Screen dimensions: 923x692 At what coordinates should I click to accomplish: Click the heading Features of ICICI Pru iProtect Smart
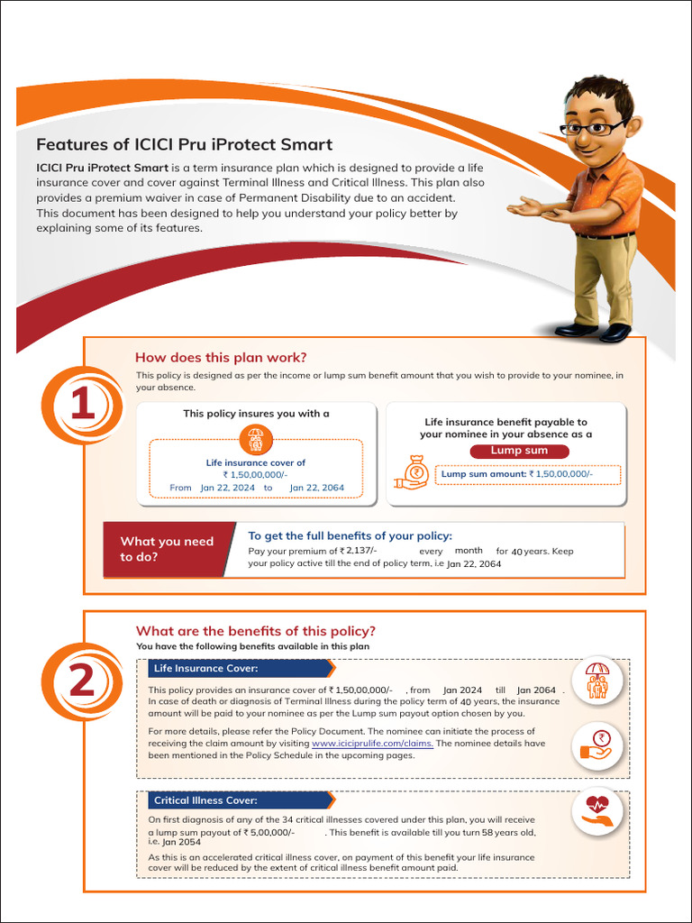pyautogui.click(x=184, y=144)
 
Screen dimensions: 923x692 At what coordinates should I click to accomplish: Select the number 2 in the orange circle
pyautogui.click(x=82, y=681)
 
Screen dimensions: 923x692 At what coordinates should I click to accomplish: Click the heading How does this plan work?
pyautogui.click(x=221, y=357)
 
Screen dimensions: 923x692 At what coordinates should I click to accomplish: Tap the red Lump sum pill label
pyautogui.click(x=519, y=451)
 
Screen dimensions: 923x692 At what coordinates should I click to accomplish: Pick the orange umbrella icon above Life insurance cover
pyautogui.click(x=255, y=440)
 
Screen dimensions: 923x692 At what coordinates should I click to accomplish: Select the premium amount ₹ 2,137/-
pyautogui.click(x=359, y=551)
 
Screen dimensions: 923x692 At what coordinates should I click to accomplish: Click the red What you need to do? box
pyautogui.click(x=168, y=549)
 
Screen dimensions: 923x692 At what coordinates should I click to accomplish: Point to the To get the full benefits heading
pyautogui.click(x=350, y=535)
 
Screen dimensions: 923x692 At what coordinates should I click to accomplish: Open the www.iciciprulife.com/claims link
pyautogui.click(x=372, y=744)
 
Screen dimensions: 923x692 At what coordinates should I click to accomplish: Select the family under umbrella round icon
pyautogui.click(x=596, y=682)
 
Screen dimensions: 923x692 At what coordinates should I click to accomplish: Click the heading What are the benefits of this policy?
pyautogui.click(x=256, y=631)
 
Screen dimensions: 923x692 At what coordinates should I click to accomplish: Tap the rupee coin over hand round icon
pyautogui.click(x=596, y=745)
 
